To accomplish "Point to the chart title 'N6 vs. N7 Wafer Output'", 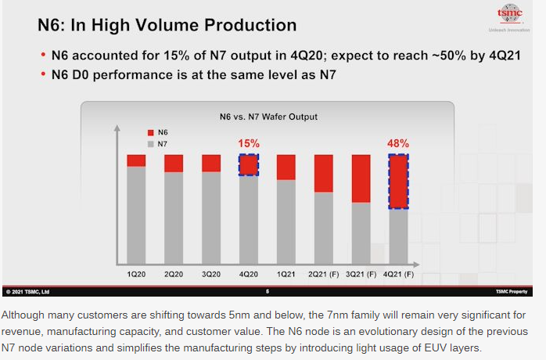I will (268, 117).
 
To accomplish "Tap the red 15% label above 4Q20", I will (249, 144).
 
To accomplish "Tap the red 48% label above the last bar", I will (397, 144).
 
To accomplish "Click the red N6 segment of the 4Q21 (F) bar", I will (398, 182).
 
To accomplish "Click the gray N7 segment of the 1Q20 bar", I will (136, 215).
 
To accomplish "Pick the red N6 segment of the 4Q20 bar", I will (249, 164).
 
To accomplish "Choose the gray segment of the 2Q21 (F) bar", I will (324, 227).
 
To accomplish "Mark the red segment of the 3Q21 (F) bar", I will (361, 178).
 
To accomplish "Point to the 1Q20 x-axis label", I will (136, 275).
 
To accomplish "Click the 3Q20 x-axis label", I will (211, 275).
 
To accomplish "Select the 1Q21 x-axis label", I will (286, 275).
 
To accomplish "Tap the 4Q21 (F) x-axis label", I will (398, 275).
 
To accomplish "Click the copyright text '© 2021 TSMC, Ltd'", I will (27, 293).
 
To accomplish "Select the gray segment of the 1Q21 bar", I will (286, 222).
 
